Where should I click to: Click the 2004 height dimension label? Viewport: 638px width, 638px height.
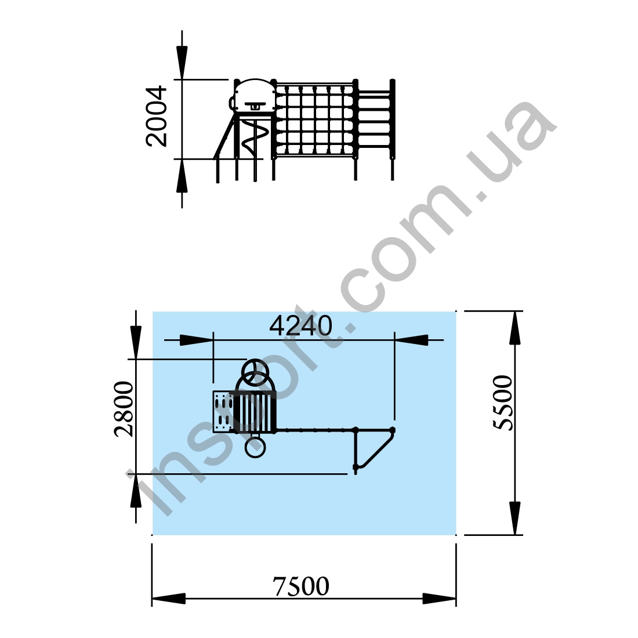[x=157, y=116]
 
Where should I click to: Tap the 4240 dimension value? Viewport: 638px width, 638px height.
[x=300, y=325]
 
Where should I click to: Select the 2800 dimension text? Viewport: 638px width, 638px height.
[x=124, y=409]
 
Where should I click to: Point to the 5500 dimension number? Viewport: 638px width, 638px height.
[x=503, y=403]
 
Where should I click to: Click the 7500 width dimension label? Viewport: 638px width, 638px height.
[x=300, y=586]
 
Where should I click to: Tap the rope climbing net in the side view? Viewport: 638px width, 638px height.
[x=314, y=121]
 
